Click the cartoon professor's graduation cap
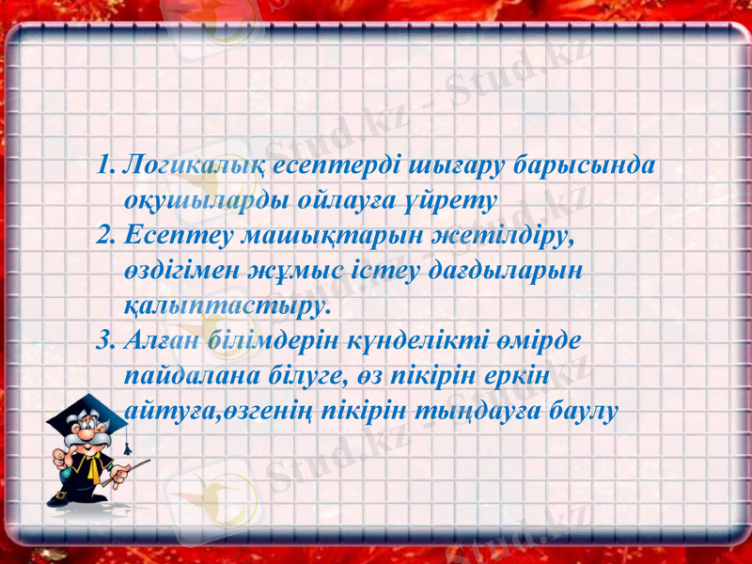pos(86,411)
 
